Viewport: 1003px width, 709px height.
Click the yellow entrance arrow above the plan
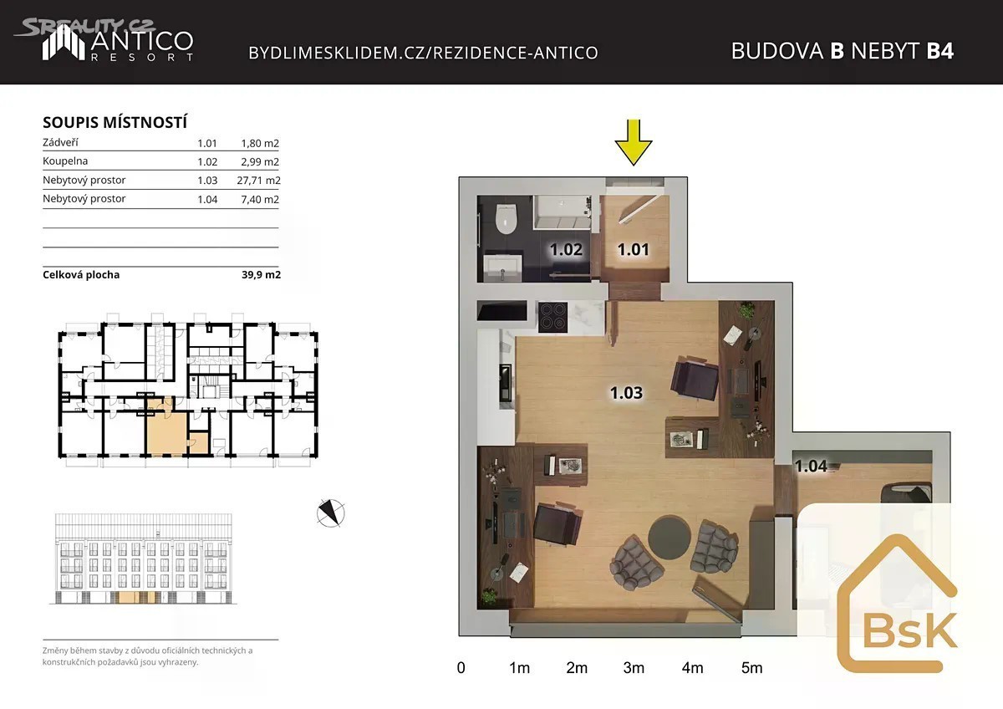634,142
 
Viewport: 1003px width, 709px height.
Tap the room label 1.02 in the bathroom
566,249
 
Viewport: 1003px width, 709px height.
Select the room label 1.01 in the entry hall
634,249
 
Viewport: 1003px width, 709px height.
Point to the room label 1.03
626,393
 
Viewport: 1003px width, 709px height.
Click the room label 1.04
811,467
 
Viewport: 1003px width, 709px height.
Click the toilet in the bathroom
507,218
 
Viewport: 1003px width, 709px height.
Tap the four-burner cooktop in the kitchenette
553,317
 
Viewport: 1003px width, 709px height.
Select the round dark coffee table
669,538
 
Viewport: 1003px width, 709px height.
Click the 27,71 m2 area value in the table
258,181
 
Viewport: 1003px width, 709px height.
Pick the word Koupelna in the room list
65,161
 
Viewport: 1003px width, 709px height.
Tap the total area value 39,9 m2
261,274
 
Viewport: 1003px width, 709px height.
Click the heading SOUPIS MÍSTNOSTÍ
115,122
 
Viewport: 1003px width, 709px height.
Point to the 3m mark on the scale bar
634,668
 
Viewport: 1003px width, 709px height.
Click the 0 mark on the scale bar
461,668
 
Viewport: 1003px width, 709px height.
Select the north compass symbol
330,513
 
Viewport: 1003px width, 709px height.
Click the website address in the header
423,53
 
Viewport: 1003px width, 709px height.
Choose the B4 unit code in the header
939,51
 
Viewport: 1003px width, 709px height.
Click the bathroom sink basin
502,264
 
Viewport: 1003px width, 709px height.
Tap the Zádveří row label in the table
60,142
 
